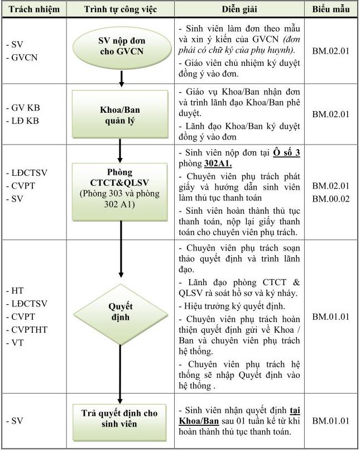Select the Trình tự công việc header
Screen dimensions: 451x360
[120, 9]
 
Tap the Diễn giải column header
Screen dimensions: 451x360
[238, 9]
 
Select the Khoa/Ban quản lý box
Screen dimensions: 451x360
[120, 115]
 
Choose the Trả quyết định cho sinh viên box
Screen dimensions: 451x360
[120, 419]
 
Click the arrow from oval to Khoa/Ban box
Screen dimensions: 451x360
[121, 79]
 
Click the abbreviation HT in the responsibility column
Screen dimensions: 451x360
[17, 291]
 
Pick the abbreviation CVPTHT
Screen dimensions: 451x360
[29, 330]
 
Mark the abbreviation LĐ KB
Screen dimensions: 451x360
[26, 121]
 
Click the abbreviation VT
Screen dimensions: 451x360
[17, 343]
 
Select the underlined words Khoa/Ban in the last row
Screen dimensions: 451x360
[199, 421]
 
